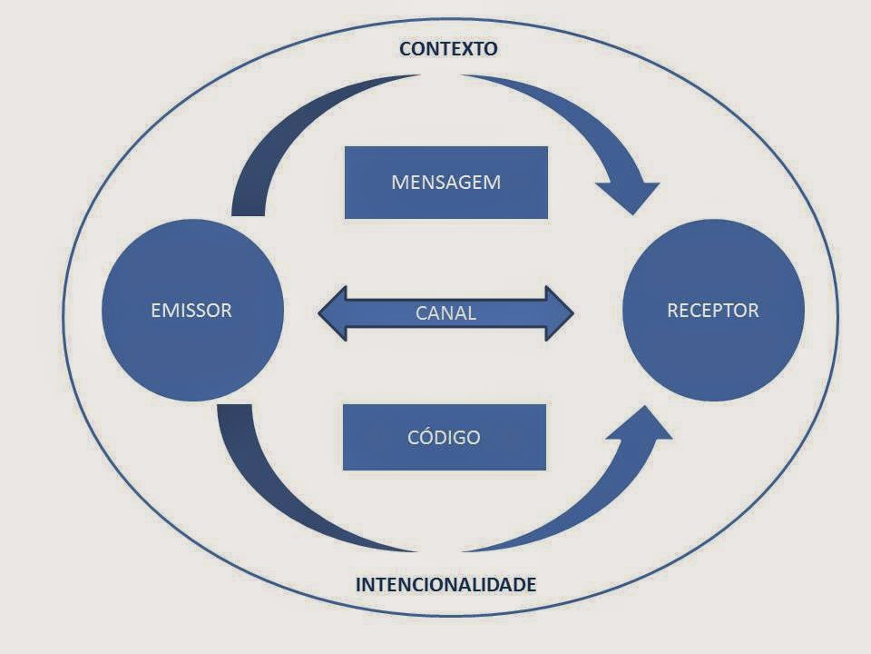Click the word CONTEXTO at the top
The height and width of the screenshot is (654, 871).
coord(448,49)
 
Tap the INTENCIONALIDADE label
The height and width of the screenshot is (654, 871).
coord(445,584)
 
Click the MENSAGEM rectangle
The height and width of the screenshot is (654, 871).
coord(445,183)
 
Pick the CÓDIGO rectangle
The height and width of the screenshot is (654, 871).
coord(444,437)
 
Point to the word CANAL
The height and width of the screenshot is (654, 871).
coord(445,313)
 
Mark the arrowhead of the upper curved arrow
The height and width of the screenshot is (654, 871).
coord(629,195)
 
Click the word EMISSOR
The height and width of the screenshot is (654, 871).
coord(191,311)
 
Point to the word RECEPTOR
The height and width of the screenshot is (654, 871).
coord(713,311)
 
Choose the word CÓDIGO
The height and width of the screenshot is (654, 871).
coord(444,437)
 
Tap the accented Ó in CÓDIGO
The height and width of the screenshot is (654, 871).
coord(420,436)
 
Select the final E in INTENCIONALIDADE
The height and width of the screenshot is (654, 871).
coord(530,584)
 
